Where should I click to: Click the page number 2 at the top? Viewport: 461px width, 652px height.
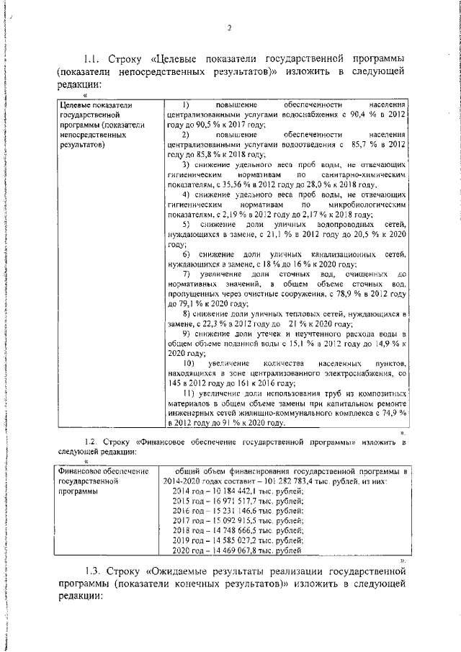click(x=229, y=28)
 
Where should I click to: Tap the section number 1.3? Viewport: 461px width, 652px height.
click(x=96, y=571)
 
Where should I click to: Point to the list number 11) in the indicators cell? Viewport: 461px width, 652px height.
click(x=189, y=393)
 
